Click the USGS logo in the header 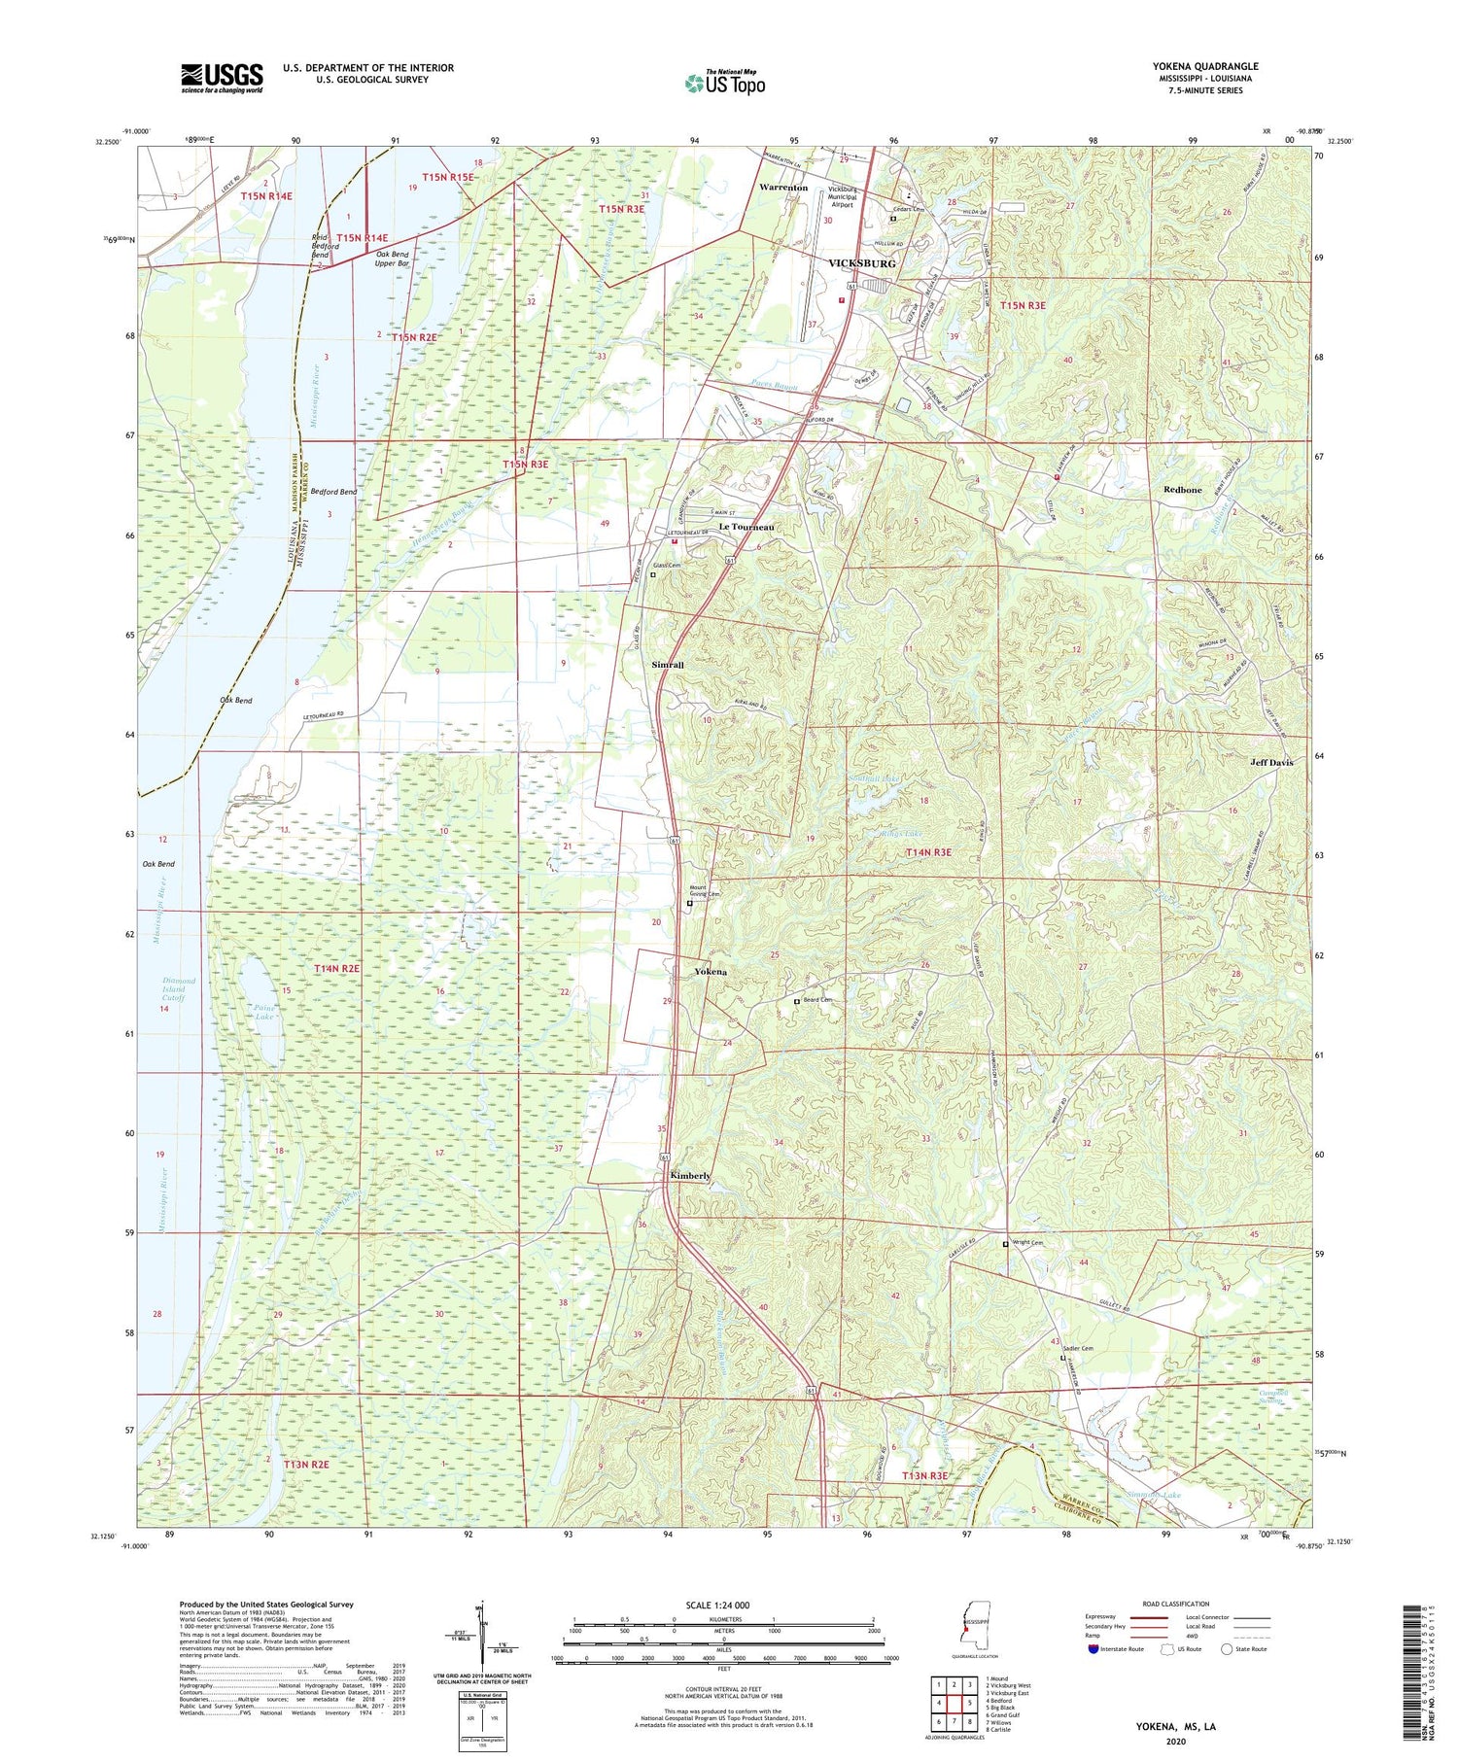(x=222, y=78)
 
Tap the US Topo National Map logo (x=725, y=83)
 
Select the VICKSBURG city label (x=861, y=263)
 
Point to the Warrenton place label (x=782, y=188)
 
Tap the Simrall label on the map (x=668, y=665)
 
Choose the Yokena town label (x=710, y=972)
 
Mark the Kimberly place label (x=690, y=1176)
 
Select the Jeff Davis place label (x=1271, y=763)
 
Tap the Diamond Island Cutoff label (x=179, y=989)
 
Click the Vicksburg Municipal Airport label (x=842, y=197)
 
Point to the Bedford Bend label (x=333, y=492)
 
